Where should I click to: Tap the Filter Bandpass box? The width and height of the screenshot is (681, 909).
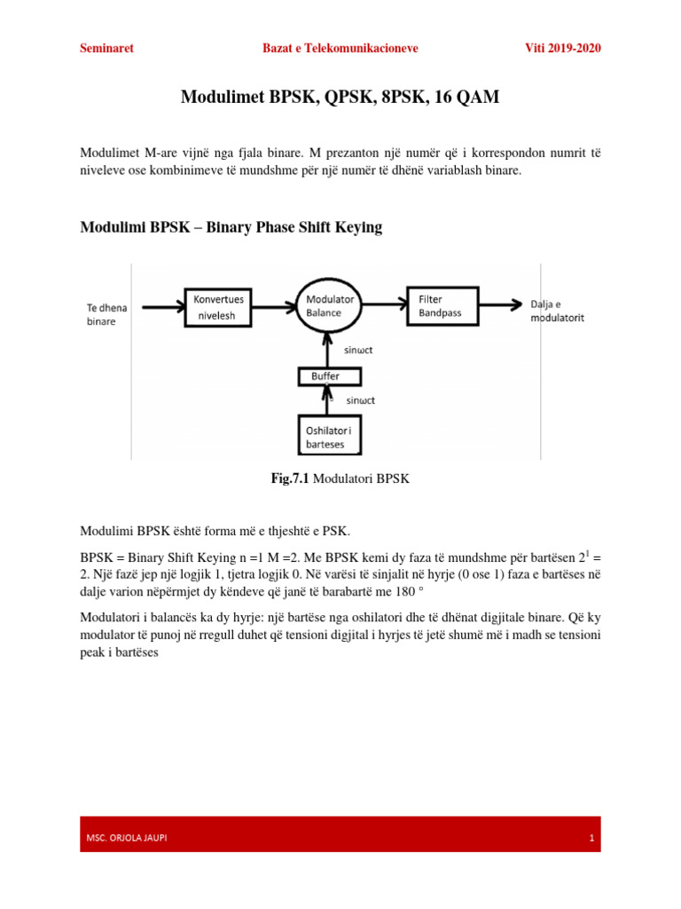(441, 306)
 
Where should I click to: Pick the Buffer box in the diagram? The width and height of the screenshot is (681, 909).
(330, 376)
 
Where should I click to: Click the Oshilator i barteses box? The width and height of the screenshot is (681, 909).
(330, 438)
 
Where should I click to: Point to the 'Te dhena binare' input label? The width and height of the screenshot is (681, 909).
(108, 315)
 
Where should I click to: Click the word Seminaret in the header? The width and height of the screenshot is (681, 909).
(106, 48)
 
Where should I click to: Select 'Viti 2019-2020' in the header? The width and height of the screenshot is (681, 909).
(563, 48)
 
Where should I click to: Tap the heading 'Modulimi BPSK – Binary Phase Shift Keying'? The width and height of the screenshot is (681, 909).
(231, 227)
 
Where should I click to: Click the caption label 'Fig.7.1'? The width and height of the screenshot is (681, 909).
(288, 478)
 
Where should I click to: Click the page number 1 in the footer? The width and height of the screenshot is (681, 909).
(590, 838)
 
